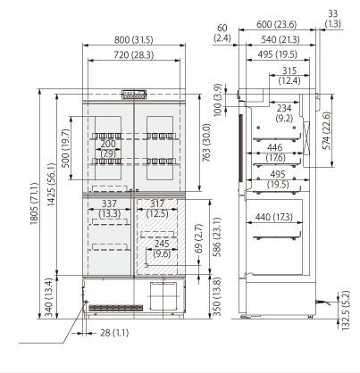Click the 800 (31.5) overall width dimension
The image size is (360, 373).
[x=134, y=39]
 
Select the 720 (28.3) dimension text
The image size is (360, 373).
[x=134, y=55]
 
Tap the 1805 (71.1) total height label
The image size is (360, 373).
[x=34, y=203]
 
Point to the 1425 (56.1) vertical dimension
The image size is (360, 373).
[x=51, y=185]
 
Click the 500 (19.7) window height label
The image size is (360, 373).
[x=65, y=148]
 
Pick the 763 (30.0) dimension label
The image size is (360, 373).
[x=206, y=143]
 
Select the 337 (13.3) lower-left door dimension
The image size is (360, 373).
[x=110, y=209]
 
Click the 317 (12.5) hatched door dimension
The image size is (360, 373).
[x=157, y=209]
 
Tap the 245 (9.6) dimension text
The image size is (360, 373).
[x=162, y=249]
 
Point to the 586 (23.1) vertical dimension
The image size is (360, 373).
[x=217, y=237]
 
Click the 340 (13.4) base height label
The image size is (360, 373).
[x=48, y=298]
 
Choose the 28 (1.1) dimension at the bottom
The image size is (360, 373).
[x=114, y=333]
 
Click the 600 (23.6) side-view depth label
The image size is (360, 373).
[x=277, y=24]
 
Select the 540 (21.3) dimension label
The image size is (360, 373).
[x=280, y=39]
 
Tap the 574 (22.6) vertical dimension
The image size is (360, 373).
[x=327, y=131]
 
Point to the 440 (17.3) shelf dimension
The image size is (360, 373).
[x=274, y=217]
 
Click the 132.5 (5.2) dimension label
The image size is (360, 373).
[x=346, y=311]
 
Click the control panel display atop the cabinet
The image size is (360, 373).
[x=134, y=95]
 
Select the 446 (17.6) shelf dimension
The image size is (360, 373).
[x=276, y=152]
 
